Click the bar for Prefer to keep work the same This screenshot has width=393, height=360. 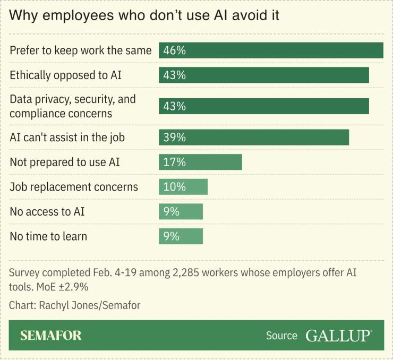point(271,50)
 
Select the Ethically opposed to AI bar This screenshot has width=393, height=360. point(264,75)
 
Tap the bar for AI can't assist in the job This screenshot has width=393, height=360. point(254,137)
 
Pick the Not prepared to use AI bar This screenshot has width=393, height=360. point(200,162)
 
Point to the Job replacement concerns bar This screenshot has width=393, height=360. point(183,187)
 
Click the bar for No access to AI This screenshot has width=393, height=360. point(181,211)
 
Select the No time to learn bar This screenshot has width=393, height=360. point(181,236)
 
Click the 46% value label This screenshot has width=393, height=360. point(174,50)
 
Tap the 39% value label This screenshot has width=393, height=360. point(174,137)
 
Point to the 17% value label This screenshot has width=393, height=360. point(174,162)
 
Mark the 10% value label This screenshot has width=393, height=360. point(174,187)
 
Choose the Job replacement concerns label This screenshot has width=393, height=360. point(74,187)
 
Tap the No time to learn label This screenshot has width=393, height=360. point(48,236)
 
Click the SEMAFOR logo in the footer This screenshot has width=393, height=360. point(51,336)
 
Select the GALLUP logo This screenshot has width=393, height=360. point(338,336)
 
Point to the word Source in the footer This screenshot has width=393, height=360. point(281,336)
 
